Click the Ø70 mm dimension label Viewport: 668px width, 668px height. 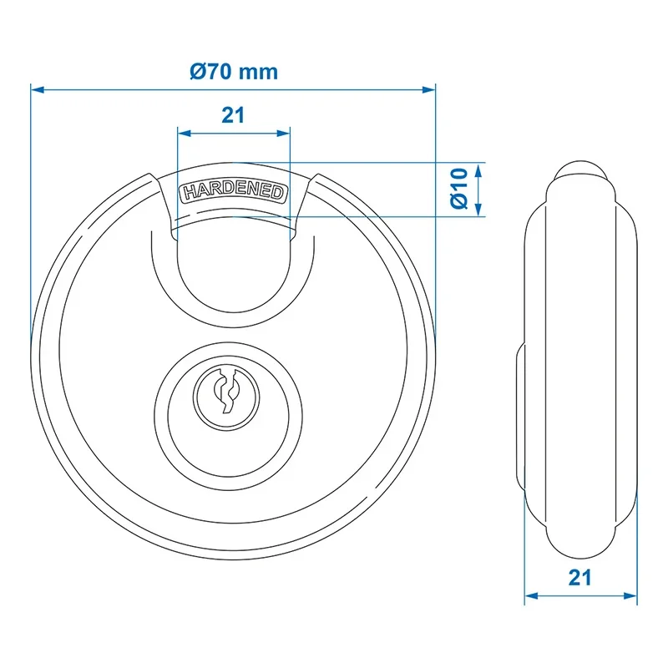[234, 72]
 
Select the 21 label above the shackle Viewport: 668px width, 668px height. [233, 115]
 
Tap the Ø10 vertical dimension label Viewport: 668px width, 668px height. [459, 189]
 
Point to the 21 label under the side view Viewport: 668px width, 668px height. [579, 578]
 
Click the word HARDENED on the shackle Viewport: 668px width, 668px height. [234, 192]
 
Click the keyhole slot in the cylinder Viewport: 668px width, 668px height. [226, 391]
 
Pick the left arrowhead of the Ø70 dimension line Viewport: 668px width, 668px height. [38, 90]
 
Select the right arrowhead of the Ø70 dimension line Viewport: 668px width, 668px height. [428, 90]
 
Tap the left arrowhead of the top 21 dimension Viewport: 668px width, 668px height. [185, 134]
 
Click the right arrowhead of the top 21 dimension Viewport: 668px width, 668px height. [283, 134]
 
